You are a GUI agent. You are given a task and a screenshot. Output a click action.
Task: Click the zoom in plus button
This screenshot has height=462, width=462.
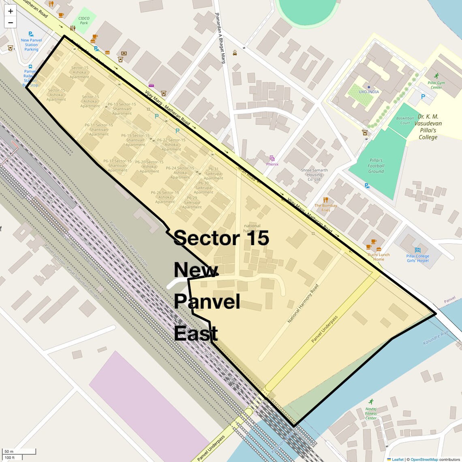11,11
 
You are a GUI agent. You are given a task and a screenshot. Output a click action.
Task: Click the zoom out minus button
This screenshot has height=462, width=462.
11,23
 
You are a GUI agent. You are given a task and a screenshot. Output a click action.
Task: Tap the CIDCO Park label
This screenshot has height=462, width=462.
84,21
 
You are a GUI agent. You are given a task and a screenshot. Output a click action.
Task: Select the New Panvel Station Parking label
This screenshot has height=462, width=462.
31,45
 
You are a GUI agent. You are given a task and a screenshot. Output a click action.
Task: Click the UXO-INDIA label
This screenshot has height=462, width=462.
369,92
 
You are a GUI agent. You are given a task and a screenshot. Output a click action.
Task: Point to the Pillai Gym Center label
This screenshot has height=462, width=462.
436,85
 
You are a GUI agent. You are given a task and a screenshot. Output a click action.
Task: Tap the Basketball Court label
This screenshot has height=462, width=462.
405,120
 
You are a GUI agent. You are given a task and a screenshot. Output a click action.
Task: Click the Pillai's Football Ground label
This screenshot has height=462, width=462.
376,166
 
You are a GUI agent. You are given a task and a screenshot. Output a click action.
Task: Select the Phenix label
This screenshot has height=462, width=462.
272,164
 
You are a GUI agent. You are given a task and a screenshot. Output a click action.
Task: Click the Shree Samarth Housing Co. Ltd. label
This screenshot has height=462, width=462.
314,175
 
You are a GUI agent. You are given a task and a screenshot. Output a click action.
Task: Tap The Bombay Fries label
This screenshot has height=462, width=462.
326,207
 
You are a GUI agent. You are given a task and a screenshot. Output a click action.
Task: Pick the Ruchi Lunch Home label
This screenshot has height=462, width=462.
379,257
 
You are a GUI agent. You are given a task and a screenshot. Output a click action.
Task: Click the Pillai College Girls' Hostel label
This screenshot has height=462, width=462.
418,258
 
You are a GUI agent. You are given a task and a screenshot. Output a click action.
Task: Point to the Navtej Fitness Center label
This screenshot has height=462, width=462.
371,413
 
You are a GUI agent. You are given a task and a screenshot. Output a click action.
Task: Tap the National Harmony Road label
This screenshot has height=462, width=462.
303,304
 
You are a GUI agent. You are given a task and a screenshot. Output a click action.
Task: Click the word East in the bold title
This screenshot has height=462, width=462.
196,334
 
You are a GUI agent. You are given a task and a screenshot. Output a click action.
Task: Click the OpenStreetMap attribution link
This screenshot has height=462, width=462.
424,459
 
